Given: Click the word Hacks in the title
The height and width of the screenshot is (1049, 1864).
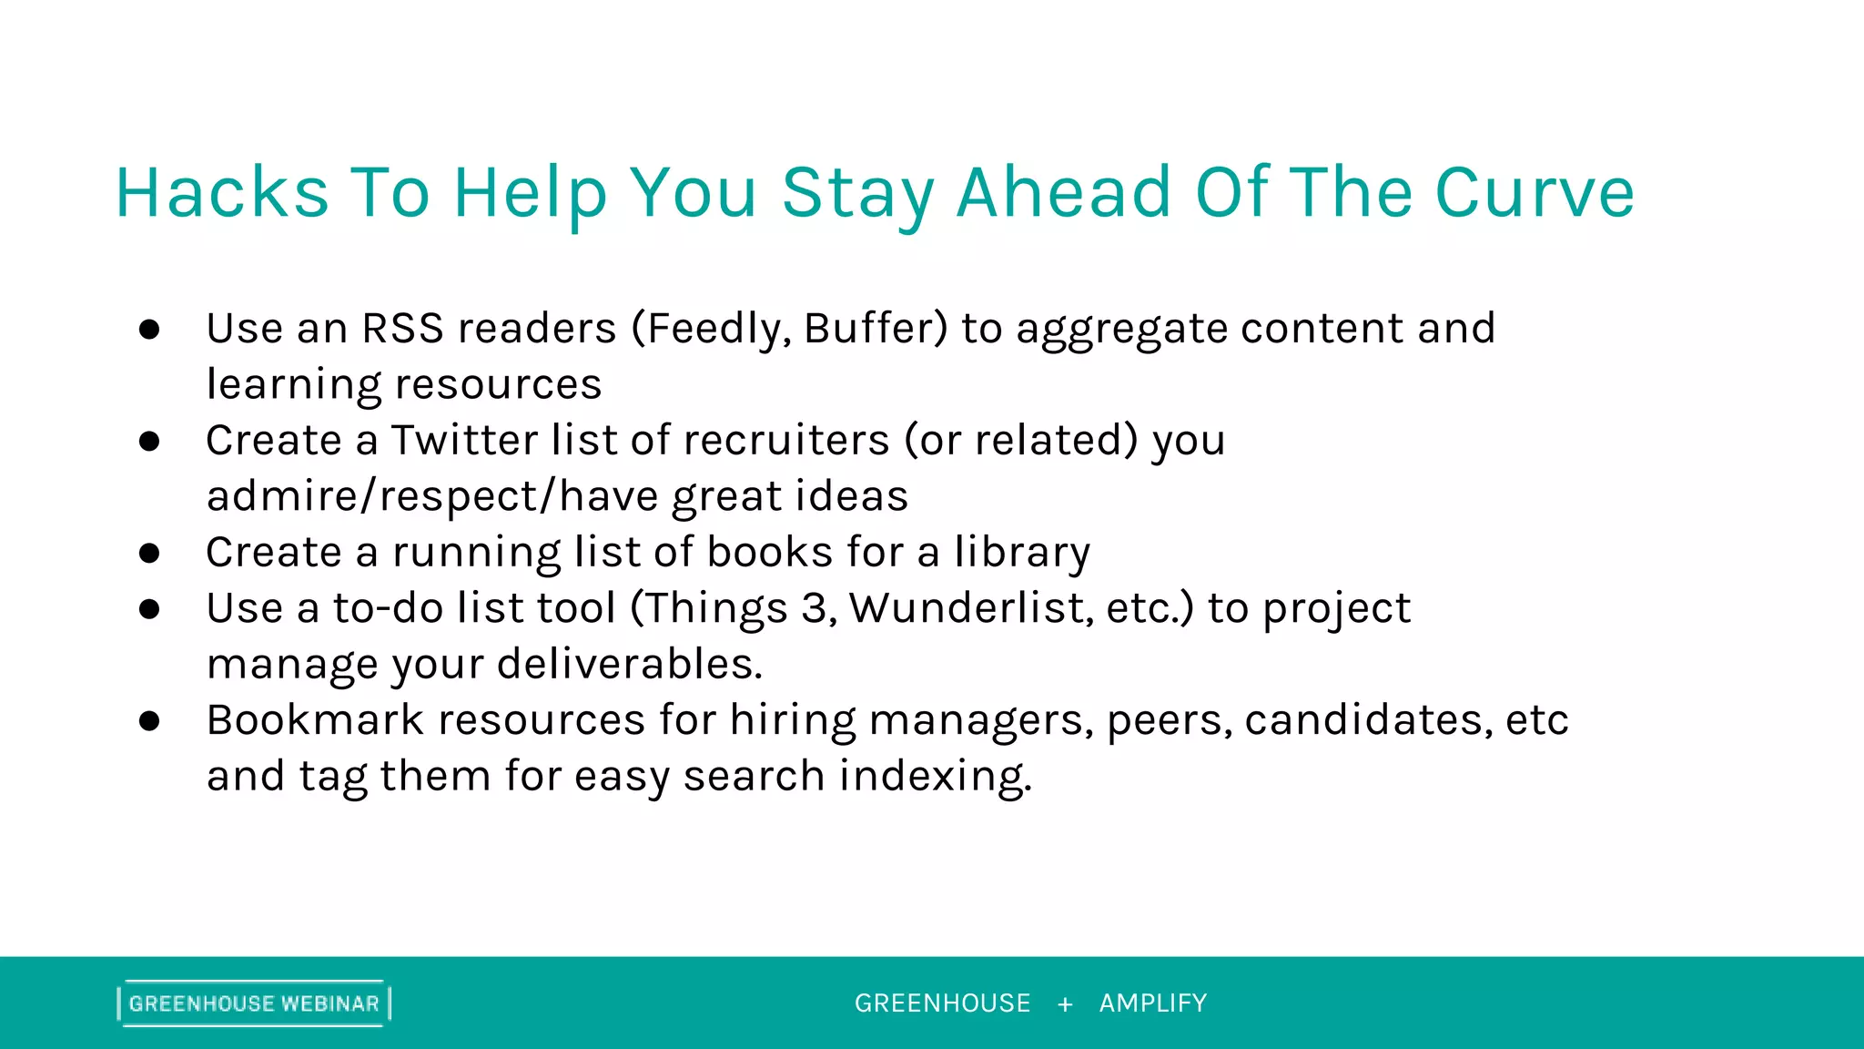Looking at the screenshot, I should [x=222, y=193].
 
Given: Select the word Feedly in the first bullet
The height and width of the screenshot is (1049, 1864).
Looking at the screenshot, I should [x=717, y=329].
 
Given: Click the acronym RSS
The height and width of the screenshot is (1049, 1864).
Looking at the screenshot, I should [x=402, y=329].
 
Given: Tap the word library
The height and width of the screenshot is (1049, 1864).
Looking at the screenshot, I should [x=1022, y=553].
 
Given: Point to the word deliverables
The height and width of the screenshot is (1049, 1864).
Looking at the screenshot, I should [x=629, y=665].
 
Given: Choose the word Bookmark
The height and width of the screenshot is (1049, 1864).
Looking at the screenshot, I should [x=315, y=720].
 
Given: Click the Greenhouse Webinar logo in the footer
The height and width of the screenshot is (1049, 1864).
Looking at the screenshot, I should [x=254, y=1003].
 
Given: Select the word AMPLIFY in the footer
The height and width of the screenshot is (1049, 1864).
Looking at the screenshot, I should [x=1153, y=1003].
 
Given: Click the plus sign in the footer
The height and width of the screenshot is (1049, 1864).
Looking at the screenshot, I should [x=1065, y=1004].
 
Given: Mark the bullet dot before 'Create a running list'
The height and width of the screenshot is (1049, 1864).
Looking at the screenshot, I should [x=149, y=554].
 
